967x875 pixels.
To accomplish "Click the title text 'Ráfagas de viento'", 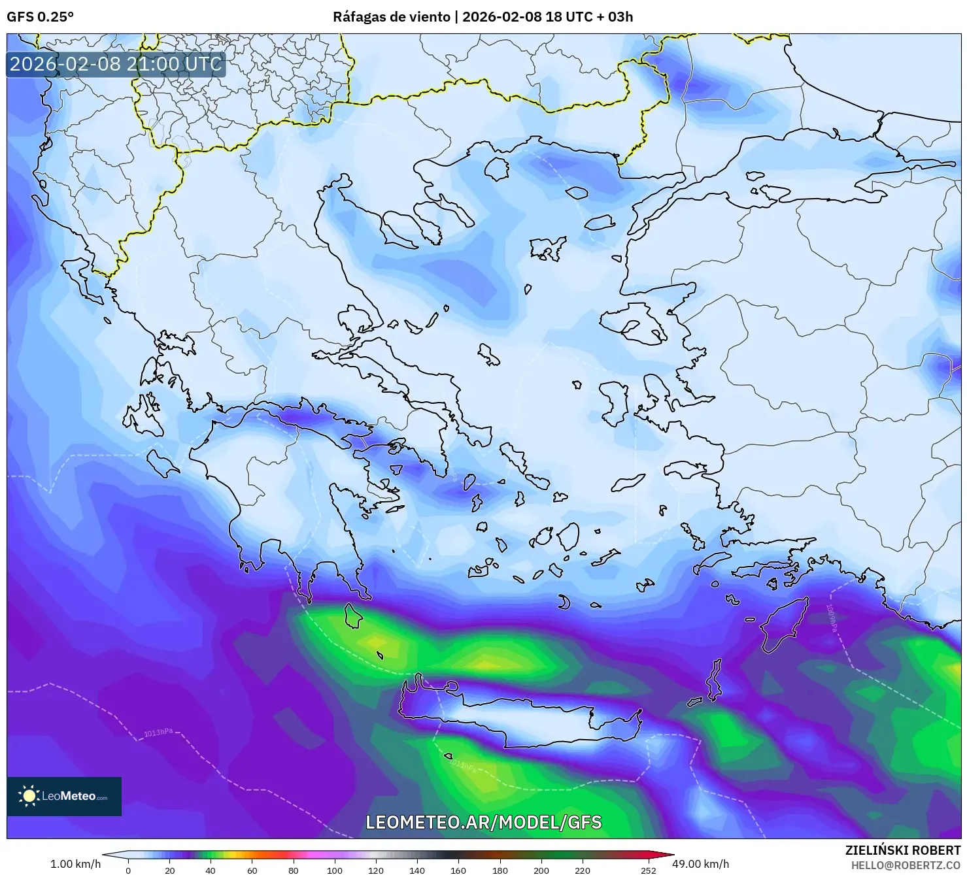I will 392,17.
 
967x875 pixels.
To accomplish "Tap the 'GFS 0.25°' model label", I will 40,17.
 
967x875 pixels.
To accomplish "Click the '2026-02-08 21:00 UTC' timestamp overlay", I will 116,64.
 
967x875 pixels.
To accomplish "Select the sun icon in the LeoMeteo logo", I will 29,796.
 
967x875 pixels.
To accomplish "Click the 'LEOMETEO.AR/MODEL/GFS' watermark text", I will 483,822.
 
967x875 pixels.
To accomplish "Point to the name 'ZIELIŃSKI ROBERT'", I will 902,850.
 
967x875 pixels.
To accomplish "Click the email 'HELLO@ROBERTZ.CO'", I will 906,865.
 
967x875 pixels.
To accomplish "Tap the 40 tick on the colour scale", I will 211,870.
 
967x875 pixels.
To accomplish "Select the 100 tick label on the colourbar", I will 334,870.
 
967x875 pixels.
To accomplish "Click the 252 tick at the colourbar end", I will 648,870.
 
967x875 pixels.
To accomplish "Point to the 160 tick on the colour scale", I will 458,870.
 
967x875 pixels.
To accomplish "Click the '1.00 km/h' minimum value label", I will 76,864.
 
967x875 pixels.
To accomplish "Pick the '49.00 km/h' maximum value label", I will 701,864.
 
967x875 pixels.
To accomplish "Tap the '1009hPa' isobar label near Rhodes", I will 830,617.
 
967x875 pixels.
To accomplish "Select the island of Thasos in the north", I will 496,170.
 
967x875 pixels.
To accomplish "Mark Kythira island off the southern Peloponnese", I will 354,616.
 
